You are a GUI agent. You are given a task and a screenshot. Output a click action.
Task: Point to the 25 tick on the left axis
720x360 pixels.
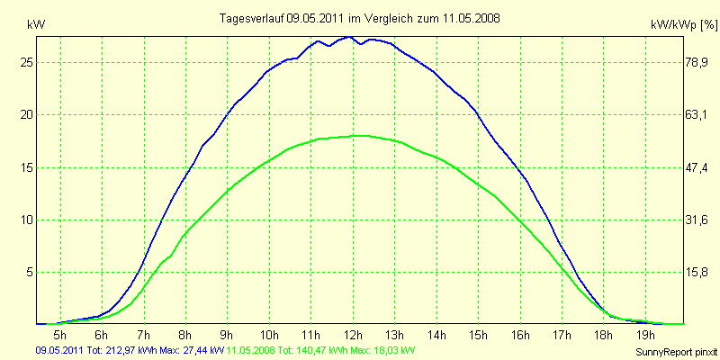[24, 62]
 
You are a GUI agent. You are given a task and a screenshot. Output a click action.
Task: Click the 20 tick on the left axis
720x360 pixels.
[24, 114]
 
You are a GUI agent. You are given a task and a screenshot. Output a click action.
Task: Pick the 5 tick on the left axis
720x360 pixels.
[28, 272]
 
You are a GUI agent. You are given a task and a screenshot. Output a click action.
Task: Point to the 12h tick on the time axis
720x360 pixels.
[353, 335]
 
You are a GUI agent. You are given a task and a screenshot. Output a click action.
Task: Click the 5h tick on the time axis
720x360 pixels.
[61, 335]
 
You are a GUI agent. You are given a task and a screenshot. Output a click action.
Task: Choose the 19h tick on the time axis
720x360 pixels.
[644, 335]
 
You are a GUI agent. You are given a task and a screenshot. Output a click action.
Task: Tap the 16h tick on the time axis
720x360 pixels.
[519, 335]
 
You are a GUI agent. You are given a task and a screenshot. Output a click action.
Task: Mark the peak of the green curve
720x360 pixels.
[357, 135]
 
